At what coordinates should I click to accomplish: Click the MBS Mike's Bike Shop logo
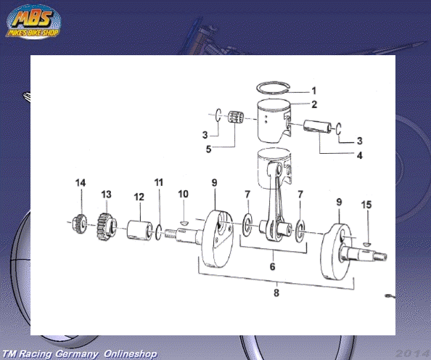tap(33, 22)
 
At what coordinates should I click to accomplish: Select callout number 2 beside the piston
tap(314, 105)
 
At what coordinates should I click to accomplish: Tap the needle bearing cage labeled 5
tap(236, 117)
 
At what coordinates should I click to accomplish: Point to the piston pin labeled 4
tap(318, 126)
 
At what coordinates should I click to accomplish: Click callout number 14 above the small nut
tap(81, 183)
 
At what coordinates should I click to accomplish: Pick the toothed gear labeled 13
tap(107, 226)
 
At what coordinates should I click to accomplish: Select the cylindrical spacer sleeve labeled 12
tap(139, 229)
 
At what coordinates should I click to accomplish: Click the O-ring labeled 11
tap(159, 232)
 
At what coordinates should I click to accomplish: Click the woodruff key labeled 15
tap(366, 244)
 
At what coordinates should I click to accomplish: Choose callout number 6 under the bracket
tap(272, 266)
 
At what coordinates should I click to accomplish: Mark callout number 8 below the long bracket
tap(276, 292)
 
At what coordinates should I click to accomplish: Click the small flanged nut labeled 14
tap(79, 224)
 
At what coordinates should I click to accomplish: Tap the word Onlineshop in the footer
tap(130, 353)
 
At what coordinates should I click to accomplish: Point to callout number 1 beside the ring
tap(314, 91)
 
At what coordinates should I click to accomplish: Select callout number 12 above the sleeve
tap(139, 197)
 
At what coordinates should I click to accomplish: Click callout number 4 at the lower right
tap(360, 155)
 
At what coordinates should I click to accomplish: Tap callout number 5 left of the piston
tap(209, 149)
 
